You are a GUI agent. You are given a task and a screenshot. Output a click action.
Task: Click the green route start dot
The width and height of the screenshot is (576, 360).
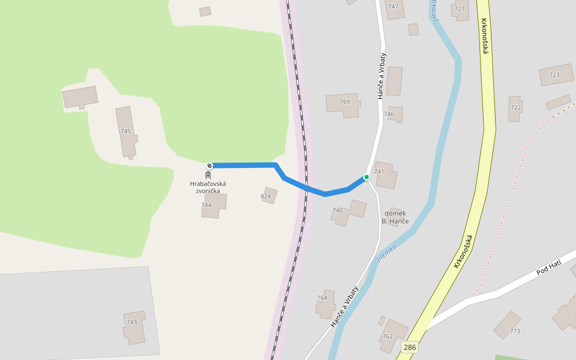click(366, 177)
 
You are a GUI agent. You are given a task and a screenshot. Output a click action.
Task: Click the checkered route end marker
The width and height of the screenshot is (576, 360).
click(209, 166)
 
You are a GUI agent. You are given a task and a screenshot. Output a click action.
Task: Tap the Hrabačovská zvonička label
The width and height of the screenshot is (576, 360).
click(208, 187)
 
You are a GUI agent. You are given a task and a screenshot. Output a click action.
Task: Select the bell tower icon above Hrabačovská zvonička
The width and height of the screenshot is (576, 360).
click(208, 175)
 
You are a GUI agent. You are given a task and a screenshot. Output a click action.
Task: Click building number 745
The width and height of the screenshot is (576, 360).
click(125, 131)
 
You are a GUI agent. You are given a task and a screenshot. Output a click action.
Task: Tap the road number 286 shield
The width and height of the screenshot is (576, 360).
click(410, 347)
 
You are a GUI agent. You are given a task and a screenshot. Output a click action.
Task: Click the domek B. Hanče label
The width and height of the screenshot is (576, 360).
click(395, 217)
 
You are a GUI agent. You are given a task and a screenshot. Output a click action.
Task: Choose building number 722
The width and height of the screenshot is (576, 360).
click(515, 107)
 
